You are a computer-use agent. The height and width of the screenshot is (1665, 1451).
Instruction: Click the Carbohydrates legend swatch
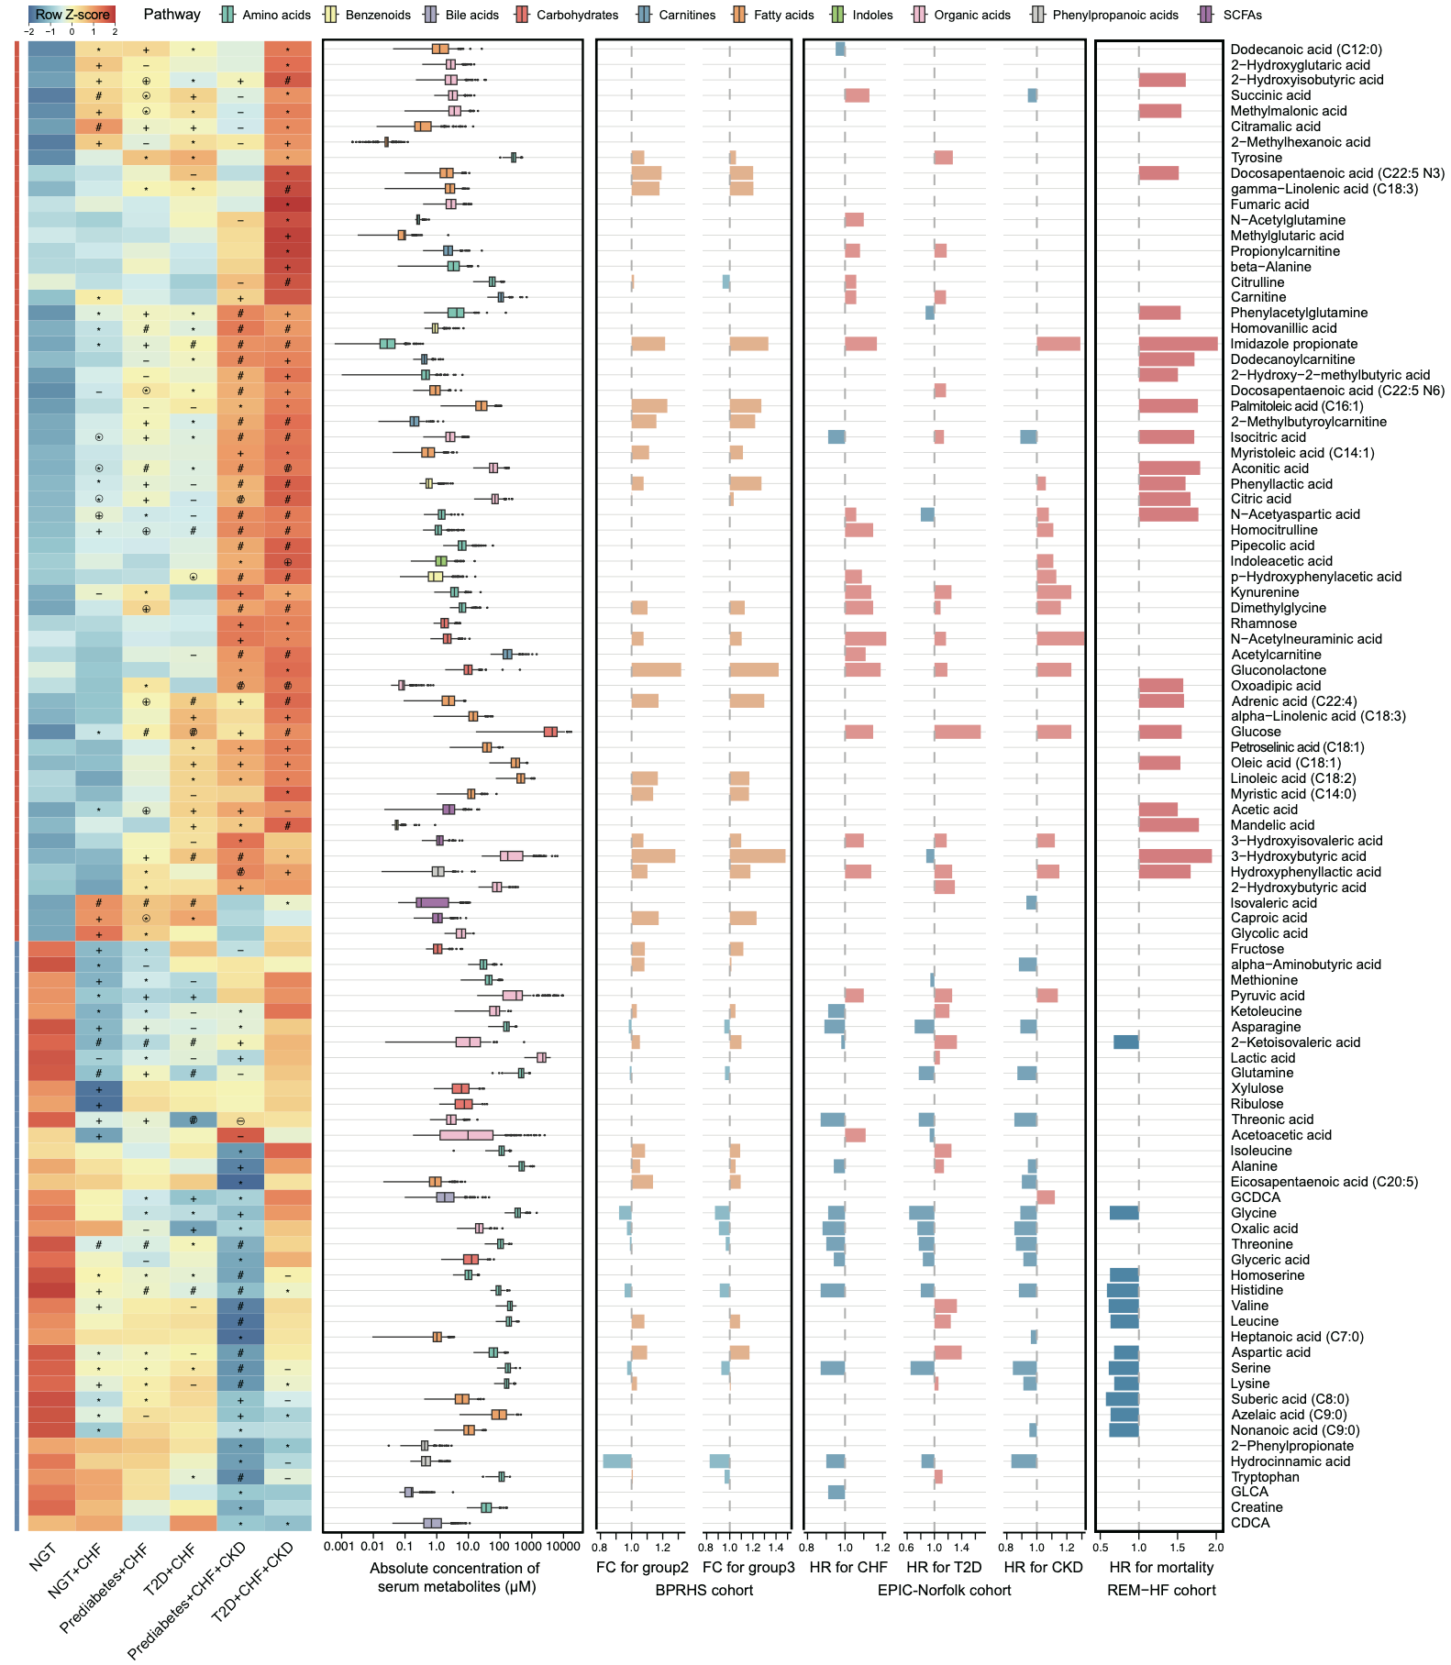(x=522, y=15)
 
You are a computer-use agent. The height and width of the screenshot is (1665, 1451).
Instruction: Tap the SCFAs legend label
(x=1242, y=15)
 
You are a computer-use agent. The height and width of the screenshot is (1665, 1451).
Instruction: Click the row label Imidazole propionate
(x=1293, y=344)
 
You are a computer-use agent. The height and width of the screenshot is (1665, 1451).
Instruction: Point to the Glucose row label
(x=1256, y=732)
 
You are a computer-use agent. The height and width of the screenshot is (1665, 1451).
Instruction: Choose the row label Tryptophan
(x=1265, y=1477)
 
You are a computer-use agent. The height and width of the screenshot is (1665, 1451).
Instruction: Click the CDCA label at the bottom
(x=1250, y=1523)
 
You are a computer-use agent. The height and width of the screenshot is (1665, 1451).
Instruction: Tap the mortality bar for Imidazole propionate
(x=1178, y=344)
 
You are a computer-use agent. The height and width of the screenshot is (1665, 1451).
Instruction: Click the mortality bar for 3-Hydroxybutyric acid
(x=1175, y=856)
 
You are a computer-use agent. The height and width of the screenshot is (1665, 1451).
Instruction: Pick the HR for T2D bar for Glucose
(x=957, y=732)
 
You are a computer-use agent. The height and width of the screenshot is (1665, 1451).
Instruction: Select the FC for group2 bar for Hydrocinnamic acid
(x=617, y=1461)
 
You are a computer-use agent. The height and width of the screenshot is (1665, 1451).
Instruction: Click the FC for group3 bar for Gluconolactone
(x=754, y=670)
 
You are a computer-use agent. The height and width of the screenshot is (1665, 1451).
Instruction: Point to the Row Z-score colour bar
(x=72, y=15)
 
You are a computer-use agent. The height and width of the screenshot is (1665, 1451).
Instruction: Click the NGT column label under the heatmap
(x=43, y=1557)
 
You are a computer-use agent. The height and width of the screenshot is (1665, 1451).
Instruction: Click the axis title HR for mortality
(x=1161, y=1567)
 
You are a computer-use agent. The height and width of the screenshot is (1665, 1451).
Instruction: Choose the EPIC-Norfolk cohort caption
(x=944, y=1590)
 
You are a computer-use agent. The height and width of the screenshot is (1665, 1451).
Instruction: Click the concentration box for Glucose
(x=550, y=732)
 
